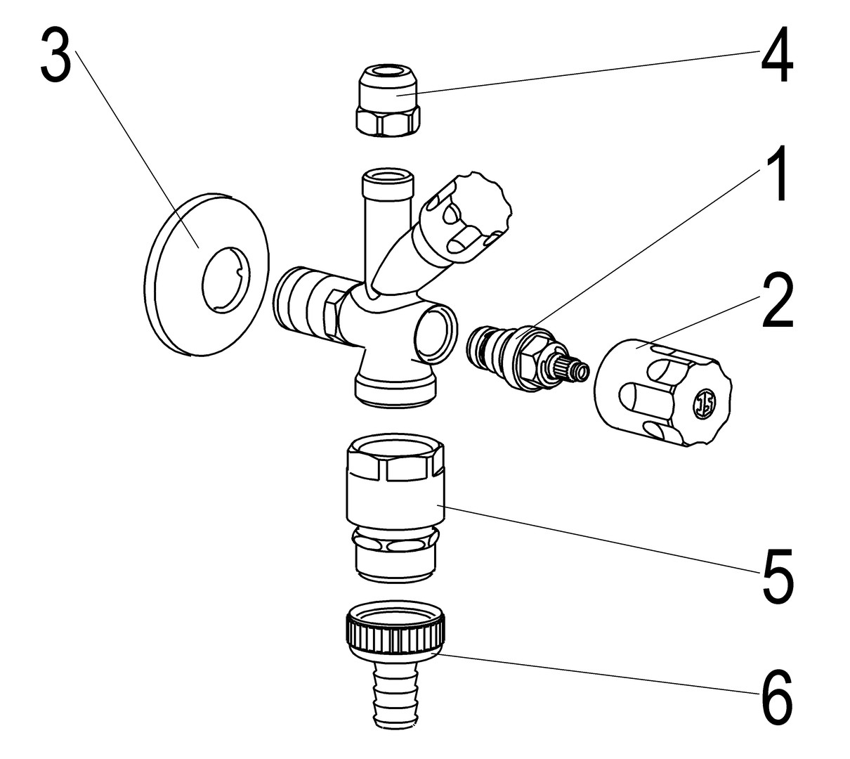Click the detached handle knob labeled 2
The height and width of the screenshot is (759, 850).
[660, 390]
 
